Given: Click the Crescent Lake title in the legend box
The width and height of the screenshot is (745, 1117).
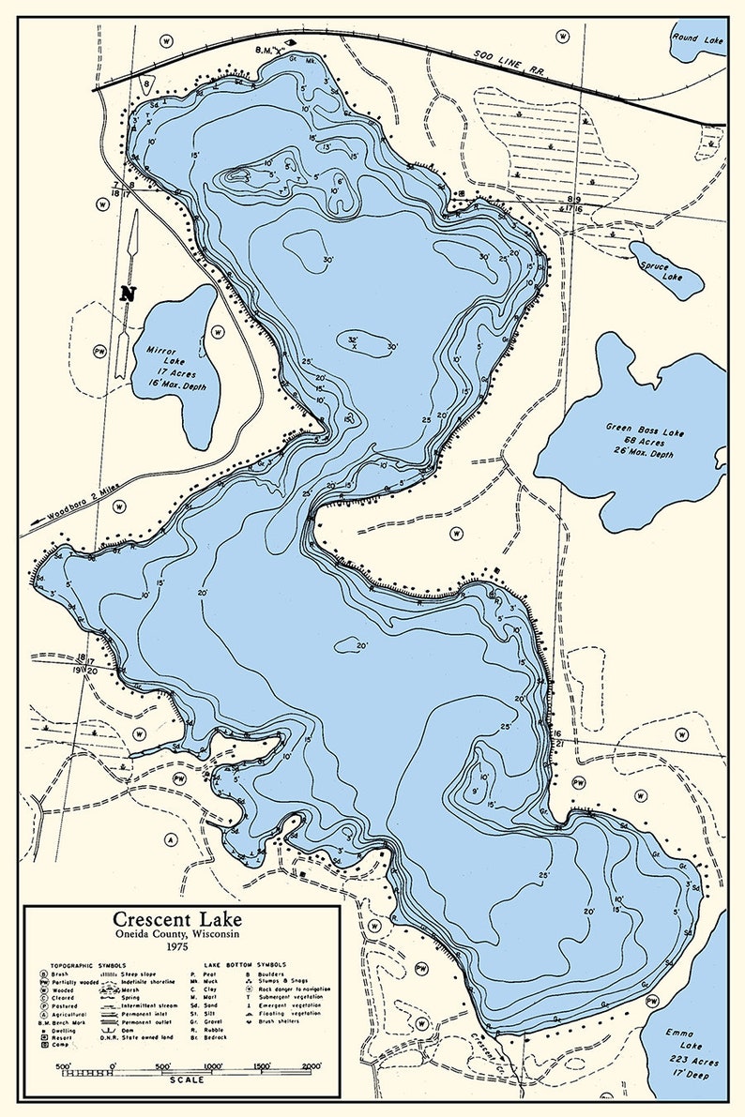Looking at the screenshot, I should tap(177, 919).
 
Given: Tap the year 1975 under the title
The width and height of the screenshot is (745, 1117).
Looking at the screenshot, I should tap(177, 948).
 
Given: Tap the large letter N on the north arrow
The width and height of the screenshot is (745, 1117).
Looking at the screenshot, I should tap(129, 293).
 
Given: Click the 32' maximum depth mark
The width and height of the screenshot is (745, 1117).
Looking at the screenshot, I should tap(353, 340).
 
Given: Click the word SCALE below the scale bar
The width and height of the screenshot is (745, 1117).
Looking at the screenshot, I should tap(187, 1079).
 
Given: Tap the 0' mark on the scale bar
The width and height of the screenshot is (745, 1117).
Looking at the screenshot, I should tap(113, 1066).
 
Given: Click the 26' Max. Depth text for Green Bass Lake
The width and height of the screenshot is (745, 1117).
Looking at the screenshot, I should tap(628, 454).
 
